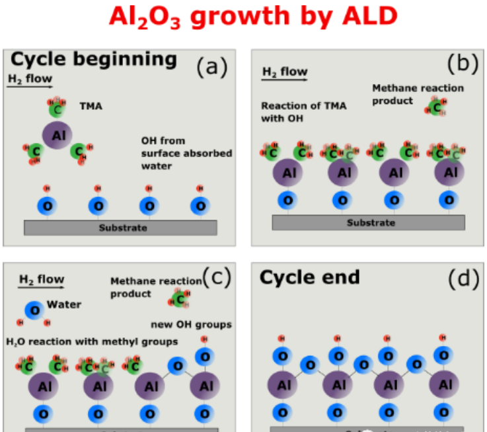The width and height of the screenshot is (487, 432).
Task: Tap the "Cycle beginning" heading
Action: click(x=94, y=60)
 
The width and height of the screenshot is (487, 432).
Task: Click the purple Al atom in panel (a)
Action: click(x=57, y=135)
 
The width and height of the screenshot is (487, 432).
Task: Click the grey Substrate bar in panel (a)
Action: click(x=120, y=228)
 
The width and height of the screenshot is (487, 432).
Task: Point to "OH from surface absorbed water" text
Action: click(x=186, y=153)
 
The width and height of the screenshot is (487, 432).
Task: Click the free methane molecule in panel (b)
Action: click(x=436, y=106)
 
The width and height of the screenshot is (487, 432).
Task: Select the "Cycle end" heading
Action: click(x=309, y=277)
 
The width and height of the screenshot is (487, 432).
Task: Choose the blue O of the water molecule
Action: click(x=34, y=309)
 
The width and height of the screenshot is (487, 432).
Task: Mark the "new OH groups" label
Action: click(x=192, y=324)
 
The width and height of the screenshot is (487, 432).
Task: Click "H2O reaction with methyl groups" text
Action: click(x=92, y=341)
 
